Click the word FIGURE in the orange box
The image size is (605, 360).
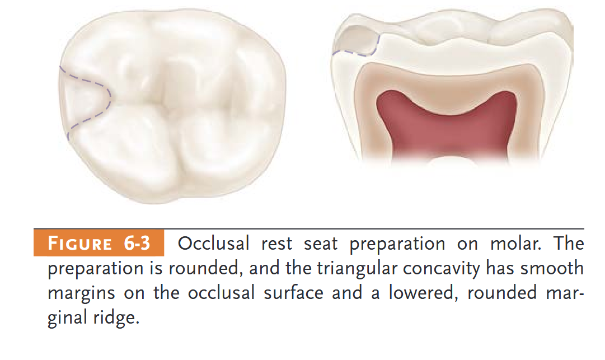click(x=80, y=244)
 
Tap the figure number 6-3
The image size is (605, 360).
click(x=137, y=244)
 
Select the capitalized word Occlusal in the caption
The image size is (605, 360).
click(x=213, y=244)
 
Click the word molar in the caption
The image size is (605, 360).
click(x=515, y=244)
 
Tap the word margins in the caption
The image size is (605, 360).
click(x=81, y=293)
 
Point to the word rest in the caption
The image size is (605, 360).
click(x=276, y=244)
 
